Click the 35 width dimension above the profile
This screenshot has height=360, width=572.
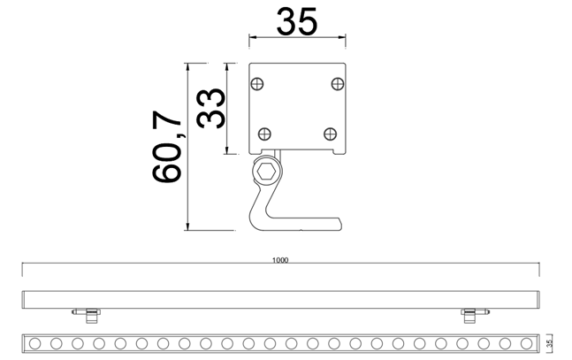[295, 21]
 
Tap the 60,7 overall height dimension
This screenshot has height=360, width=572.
[167, 146]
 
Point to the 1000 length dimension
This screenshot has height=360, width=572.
[281, 262]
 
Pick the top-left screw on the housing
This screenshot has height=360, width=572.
[257, 83]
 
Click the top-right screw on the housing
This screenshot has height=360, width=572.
[336, 83]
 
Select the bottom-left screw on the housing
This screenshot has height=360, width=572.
[263, 134]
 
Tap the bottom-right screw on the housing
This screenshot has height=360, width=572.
[330, 134]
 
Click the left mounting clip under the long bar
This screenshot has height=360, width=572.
[85, 312]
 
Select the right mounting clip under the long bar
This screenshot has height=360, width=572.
[468, 312]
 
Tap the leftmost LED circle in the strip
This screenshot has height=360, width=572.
[35, 342]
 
